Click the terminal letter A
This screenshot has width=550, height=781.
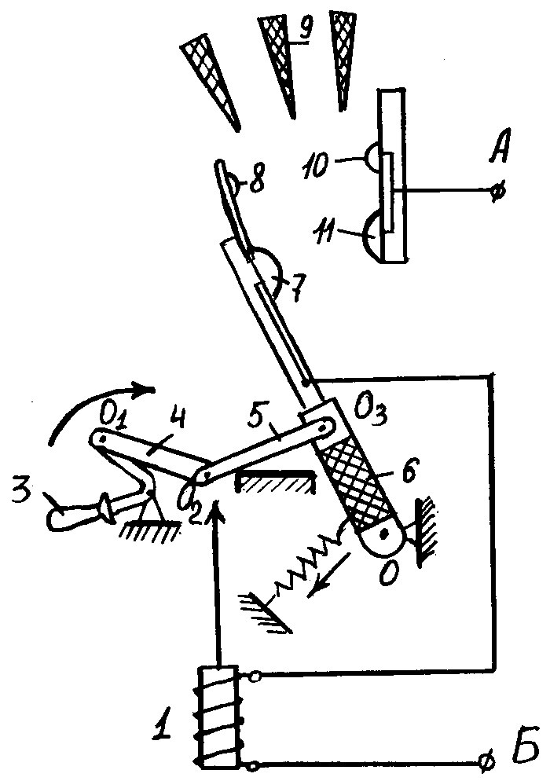(499, 146)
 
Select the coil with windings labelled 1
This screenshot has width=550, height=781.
(218, 717)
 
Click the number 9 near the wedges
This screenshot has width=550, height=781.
(304, 29)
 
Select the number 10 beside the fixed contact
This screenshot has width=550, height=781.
(316, 164)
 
